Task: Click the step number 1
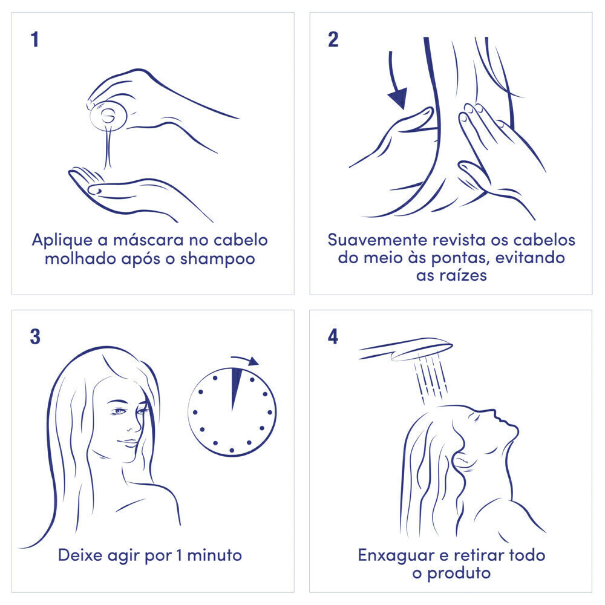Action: point(35,40)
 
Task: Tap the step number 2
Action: point(333,40)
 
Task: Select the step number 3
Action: point(35,337)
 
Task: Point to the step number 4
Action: point(333,337)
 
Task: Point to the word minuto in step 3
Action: point(215,555)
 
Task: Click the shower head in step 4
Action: point(405,349)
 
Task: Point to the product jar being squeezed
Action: point(108,116)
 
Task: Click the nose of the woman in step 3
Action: point(136,425)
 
